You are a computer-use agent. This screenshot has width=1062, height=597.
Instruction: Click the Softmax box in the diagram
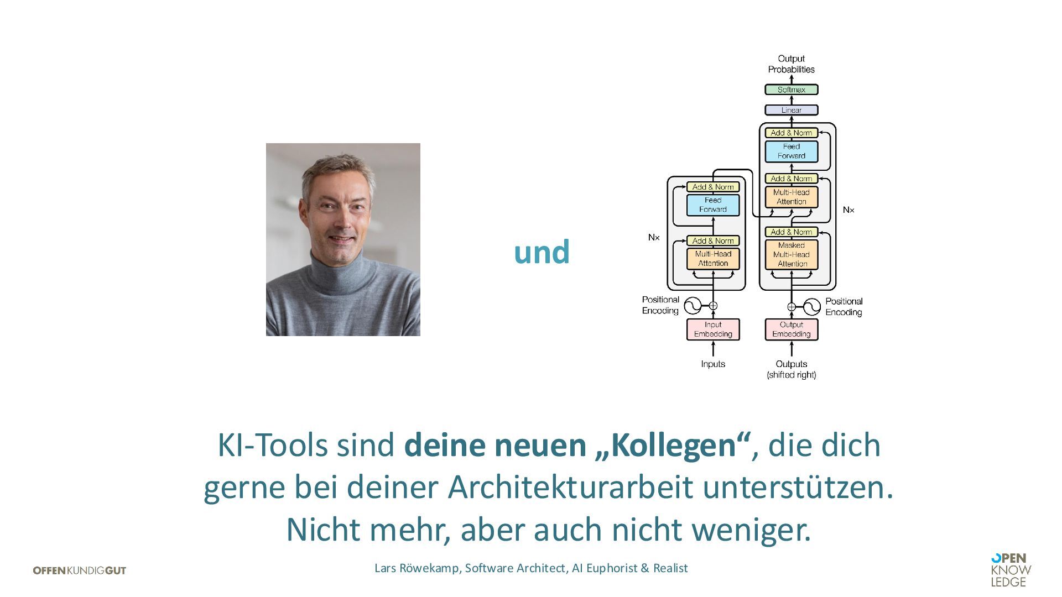pyautogui.click(x=791, y=90)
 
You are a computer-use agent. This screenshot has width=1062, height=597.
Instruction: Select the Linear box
pyautogui.click(x=791, y=110)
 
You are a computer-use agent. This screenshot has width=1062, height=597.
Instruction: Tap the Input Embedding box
pyautogui.click(x=713, y=329)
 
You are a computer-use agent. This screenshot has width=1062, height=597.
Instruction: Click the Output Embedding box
pyautogui.click(x=791, y=329)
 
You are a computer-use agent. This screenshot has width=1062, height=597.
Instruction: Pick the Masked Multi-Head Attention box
pyautogui.click(x=791, y=254)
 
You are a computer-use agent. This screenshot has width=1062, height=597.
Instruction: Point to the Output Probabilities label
pyautogui.click(x=791, y=64)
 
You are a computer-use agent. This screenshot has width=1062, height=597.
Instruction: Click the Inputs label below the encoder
pyautogui.click(x=713, y=364)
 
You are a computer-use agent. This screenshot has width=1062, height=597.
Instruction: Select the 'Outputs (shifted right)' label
pyautogui.click(x=791, y=369)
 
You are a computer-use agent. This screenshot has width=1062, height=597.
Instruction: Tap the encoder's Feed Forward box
pyautogui.click(x=713, y=205)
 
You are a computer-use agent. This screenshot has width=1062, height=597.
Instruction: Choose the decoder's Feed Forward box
pyautogui.click(x=791, y=151)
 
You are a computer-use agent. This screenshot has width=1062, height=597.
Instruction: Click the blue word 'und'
pyautogui.click(x=542, y=252)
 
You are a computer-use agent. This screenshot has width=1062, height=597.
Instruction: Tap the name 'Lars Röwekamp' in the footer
pyautogui.click(x=417, y=568)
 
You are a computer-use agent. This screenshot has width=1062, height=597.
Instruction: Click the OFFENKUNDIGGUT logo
pyautogui.click(x=80, y=570)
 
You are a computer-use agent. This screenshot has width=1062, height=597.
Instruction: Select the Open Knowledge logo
pyautogui.click(x=1011, y=570)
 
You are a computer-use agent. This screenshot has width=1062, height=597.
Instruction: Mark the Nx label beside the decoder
pyautogui.click(x=848, y=210)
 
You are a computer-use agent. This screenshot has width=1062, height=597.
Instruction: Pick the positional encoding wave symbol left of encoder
pyautogui.click(x=692, y=306)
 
